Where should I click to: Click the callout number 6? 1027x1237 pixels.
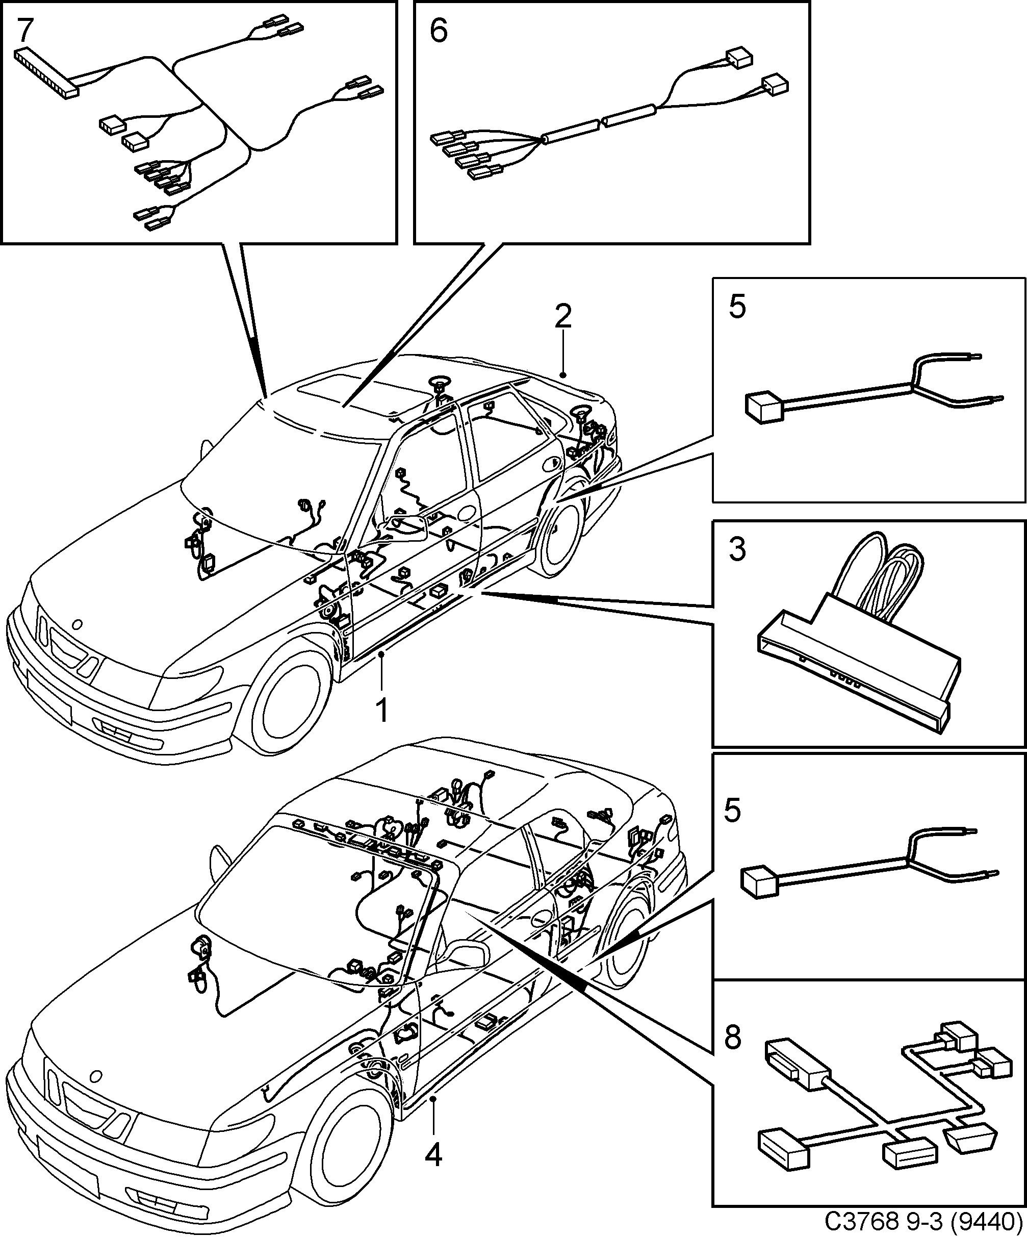tap(439, 30)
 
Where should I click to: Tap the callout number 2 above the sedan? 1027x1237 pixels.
tap(563, 317)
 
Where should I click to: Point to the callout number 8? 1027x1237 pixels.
tap(733, 1039)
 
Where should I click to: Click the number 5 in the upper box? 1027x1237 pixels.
tap(737, 308)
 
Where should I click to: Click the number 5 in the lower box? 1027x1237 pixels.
tap(733, 811)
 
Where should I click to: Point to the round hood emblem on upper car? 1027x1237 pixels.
tap(76, 624)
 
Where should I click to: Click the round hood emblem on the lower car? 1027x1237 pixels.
tap(94, 1076)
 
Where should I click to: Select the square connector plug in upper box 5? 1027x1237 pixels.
tap(762, 407)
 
